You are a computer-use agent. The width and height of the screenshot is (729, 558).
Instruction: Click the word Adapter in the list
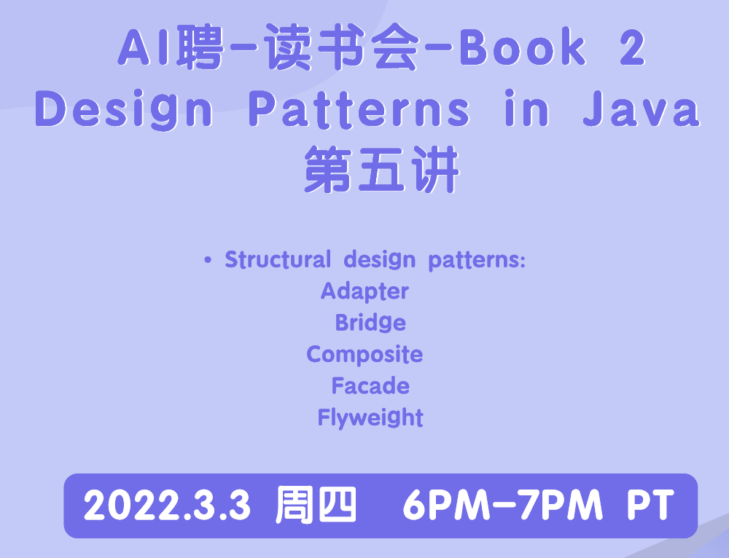tap(364, 292)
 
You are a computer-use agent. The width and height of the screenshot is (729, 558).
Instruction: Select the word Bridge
tap(370, 323)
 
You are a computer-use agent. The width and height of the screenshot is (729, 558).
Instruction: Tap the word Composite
tap(364, 355)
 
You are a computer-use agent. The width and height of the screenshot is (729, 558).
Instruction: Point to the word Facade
tap(370, 386)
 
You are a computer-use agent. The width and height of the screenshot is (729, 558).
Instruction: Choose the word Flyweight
tap(370, 417)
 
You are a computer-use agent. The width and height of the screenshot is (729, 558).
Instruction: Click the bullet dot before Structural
tap(208, 260)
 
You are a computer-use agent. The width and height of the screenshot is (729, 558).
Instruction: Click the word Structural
tap(278, 259)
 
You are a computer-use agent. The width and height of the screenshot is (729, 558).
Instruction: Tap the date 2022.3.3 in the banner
tap(168, 505)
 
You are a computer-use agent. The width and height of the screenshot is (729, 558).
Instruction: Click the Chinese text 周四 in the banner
tap(316, 505)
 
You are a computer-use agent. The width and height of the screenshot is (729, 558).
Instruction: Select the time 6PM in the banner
tap(446, 505)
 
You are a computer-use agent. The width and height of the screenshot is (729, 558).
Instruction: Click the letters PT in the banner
tap(650, 505)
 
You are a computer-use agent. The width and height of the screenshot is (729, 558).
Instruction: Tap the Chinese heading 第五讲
tap(382, 169)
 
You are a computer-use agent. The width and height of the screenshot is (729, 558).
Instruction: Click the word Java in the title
tap(642, 110)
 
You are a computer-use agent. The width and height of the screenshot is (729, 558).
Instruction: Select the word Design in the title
tap(124, 110)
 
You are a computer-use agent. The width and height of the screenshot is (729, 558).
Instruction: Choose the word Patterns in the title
tap(359, 110)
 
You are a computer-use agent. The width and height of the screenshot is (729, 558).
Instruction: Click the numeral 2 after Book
tap(632, 47)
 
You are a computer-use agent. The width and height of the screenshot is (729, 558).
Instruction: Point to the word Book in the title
tap(523, 47)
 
